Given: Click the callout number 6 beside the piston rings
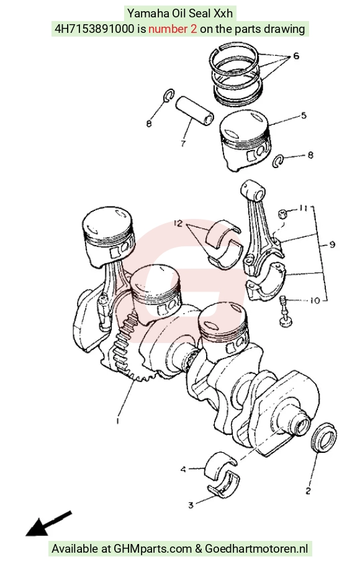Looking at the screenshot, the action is click(x=296, y=56).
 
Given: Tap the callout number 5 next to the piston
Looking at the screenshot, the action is click(x=304, y=115).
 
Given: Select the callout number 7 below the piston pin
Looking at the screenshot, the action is click(x=183, y=144).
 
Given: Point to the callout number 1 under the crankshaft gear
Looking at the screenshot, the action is click(x=117, y=420).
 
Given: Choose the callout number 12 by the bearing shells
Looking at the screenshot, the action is click(x=178, y=223).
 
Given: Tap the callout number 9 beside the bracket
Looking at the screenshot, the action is click(x=332, y=244).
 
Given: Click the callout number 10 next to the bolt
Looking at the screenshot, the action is click(x=315, y=300).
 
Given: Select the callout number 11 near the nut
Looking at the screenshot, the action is click(x=304, y=208).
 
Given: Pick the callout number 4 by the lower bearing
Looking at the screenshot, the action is click(x=183, y=469).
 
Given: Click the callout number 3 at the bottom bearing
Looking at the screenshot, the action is click(x=191, y=506).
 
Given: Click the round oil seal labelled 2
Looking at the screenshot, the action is click(x=323, y=438).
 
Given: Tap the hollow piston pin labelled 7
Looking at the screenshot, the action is click(x=195, y=110).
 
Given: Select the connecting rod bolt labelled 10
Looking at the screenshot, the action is click(x=286, y=311).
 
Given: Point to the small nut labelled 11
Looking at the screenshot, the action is click(x=283, y=214).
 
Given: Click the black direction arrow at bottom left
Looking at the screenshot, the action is click(x=49, y=524).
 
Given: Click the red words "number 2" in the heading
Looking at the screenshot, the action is click(x=173, y=29).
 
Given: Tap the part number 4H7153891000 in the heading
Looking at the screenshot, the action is click(x=94, y=29).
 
